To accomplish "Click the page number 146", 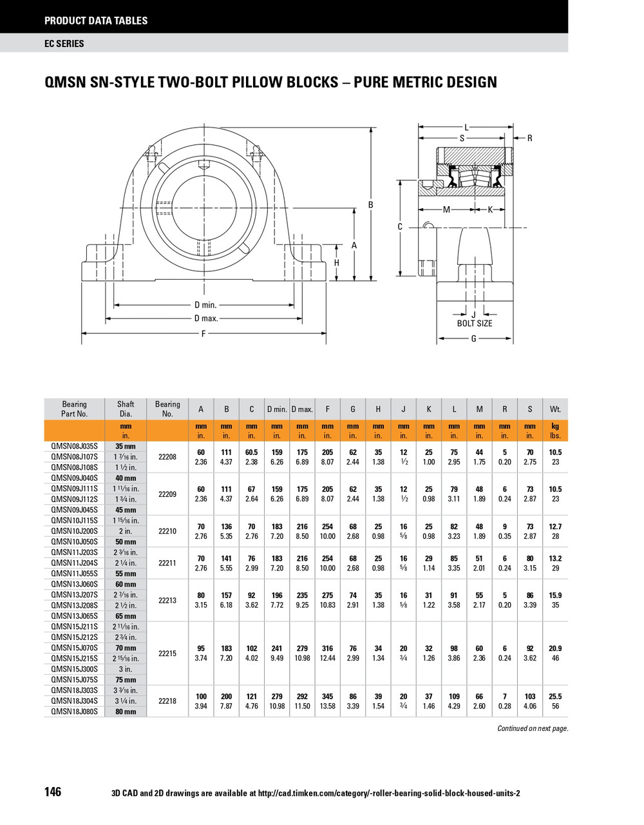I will click(x=53, y=791).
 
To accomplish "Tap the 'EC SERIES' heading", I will click(x=64, y=43).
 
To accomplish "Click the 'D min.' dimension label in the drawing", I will click(x=205, y=305).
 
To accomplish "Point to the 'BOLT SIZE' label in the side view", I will click(x=474, y=324).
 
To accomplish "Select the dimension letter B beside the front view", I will click(x=370, y=205).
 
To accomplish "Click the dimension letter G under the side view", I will click(x=473, y=338).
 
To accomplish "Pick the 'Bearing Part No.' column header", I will click(x=74, y=409).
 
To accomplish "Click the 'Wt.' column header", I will click(x=555, y=409).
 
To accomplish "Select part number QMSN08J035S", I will click(x=74, y=446).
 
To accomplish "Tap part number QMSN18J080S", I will click(x=74, y=712).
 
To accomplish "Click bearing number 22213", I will click(x=167, y=600).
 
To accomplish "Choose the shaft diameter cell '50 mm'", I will click(x=126, y=542).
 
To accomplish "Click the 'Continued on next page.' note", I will click(x=533, y=728).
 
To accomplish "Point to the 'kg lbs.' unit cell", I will click(x=555, y=431).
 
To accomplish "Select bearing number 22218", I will click(x=167, y=701).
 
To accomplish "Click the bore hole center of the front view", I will click(x=202, y=204).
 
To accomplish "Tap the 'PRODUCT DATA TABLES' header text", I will click(x=96, y=21).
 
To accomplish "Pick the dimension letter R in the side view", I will click(x=529, y=138).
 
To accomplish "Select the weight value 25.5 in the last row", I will click(x=555, y=697).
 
